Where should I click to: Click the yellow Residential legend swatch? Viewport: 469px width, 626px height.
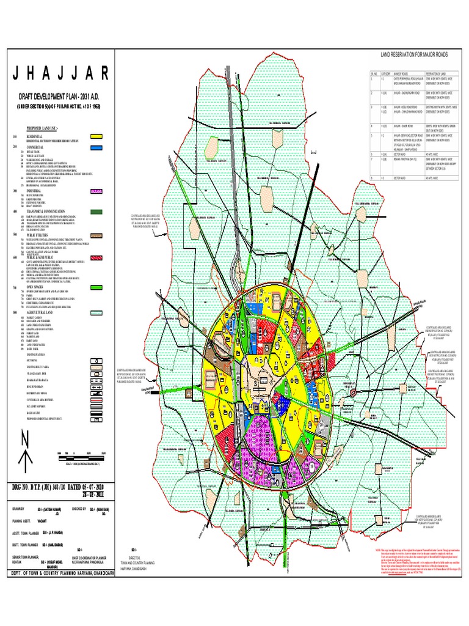click(96, 137)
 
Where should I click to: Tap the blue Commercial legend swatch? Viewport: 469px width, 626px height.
click(96, 147)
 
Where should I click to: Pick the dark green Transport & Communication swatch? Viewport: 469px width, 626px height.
click(96, 211)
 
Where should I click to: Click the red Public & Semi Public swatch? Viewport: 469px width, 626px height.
click(96, 258)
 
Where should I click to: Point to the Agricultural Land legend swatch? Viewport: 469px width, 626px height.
click(96, 312)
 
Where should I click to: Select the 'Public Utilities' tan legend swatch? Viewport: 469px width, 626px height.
click(96, 234)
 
